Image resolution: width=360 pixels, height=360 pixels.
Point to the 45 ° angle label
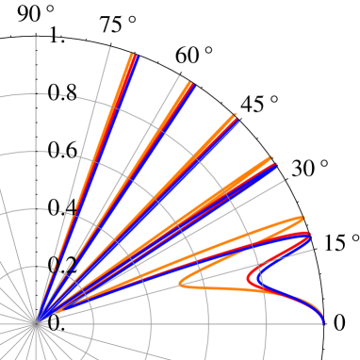259,103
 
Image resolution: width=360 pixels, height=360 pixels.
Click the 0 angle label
340,322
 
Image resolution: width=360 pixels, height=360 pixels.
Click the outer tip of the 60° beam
191,84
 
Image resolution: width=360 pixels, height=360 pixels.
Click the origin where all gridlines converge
37,323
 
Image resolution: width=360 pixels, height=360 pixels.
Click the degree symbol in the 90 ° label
51,9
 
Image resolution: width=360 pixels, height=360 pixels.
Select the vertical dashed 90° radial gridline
37,188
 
